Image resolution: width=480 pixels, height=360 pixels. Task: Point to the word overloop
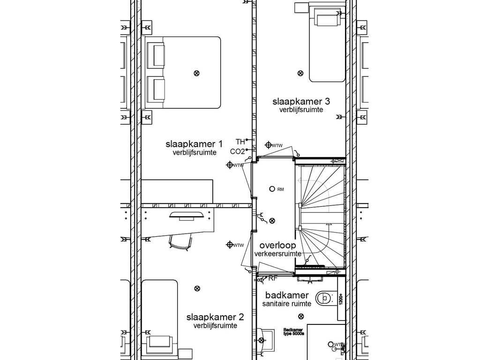277,245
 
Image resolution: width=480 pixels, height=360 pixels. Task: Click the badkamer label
287,295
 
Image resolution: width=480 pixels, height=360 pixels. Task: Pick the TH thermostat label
240,141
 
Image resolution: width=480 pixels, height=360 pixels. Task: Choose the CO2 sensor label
237,151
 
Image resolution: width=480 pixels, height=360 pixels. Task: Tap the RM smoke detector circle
271,189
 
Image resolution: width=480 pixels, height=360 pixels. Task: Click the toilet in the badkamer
324,298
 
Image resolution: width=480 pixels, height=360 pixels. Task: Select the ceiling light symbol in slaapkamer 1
196,73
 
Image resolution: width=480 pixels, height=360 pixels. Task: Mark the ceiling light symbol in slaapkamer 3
300,73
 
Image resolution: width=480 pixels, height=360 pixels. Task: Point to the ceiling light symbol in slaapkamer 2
197,288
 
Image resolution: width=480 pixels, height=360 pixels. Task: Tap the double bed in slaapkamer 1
183,73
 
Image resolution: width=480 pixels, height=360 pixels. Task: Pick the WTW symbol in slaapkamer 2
230,245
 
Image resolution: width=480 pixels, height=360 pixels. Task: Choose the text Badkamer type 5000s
294,331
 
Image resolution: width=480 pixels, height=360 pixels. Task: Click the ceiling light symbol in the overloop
272,220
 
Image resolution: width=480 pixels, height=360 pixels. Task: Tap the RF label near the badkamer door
272,278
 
